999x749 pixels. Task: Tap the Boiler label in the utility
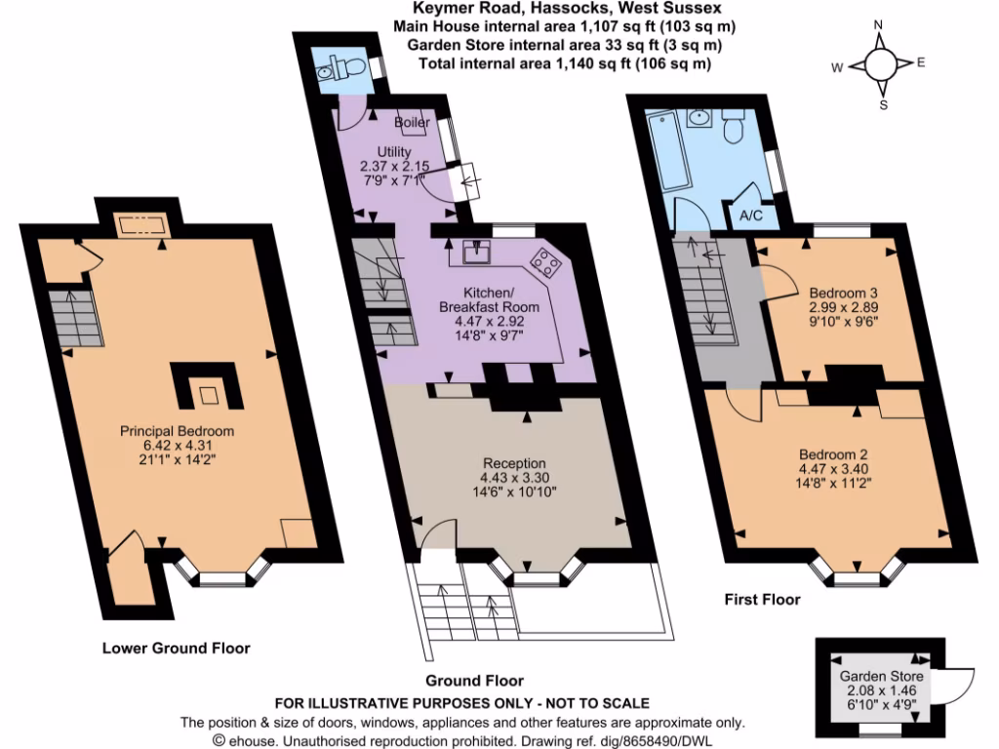(412, 123)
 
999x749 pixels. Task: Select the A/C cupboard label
(751, 216)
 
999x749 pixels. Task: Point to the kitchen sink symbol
(479, 253)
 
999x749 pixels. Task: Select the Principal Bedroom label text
(177, 430)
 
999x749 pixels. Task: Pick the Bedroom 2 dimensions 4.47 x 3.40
(834, 468)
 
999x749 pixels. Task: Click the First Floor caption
(762, 600)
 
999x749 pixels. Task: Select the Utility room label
(395, 151)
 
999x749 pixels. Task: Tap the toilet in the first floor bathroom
(737, 126)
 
